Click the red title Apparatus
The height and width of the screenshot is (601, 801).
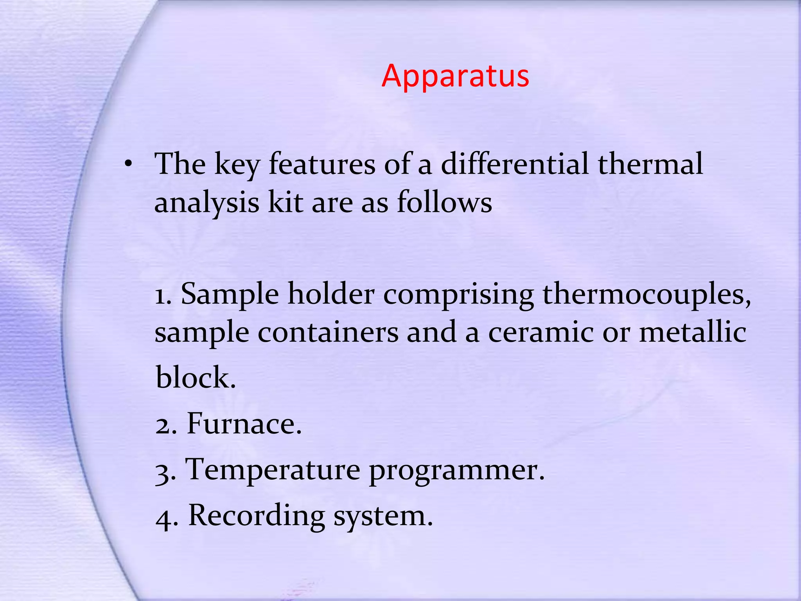455,76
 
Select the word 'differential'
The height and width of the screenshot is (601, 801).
515,164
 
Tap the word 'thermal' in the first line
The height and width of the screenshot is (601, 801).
650,164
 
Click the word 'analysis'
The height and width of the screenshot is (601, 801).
207,203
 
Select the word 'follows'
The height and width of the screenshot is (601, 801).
444,203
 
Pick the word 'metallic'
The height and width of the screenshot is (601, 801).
693,333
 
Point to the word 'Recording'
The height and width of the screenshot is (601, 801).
257,516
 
